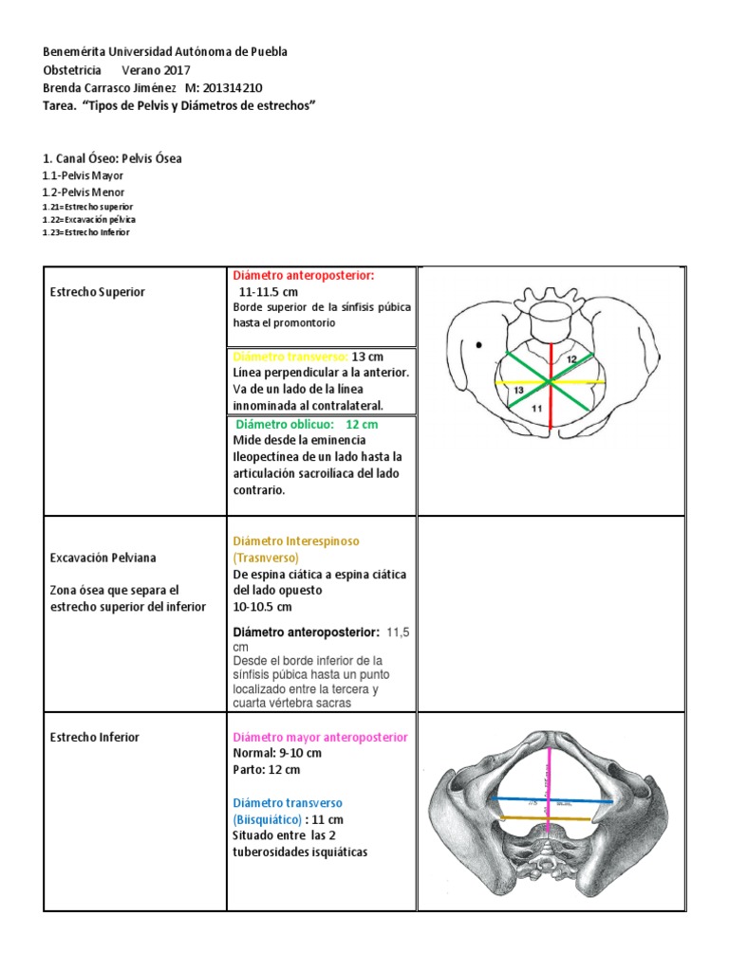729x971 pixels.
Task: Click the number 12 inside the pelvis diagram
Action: point(571,360)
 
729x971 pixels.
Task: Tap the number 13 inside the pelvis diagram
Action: point(518,390)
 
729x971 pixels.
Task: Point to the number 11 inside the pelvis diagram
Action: point(536,408)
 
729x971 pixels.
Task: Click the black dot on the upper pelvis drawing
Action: point(478,344)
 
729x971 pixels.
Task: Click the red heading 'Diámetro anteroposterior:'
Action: point(304,275)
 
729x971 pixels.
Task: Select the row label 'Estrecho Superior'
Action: point(97,292)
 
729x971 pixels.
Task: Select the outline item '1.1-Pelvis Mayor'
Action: point(83,175)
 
